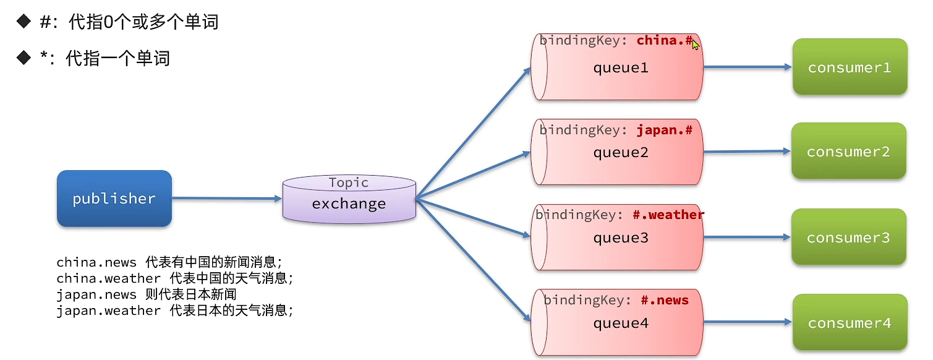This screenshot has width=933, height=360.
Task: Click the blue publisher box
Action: pos(114,199)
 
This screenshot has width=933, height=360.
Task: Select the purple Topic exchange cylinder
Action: pos(349,199)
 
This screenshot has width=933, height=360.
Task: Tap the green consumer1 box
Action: pos(850,67)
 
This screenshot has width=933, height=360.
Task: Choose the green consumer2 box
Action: pos(849,151)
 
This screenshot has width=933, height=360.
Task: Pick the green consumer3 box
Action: pos(849,237)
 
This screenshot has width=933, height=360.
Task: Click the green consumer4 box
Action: pos(850,322)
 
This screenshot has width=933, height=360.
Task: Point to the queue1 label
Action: pos(621,68)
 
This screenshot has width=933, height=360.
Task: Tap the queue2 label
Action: pos(621,153)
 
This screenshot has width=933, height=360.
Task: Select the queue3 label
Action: pos(621,238)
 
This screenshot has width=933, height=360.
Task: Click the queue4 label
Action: pos(621,324)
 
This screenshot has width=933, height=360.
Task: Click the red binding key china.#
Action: pos(664,40)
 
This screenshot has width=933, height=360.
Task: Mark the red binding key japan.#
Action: pos(664,130)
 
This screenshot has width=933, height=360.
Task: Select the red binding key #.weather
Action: pos(668,215)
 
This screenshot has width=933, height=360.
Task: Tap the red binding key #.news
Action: pos(665,300)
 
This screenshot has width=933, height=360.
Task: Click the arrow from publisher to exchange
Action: pos(227,199)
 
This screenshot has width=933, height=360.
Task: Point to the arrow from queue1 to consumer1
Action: pos(748,67)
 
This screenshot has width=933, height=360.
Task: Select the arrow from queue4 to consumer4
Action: pos(748,322)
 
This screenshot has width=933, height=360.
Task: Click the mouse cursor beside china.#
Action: pos(695,44)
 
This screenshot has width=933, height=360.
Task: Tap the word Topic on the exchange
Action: pos(349,182)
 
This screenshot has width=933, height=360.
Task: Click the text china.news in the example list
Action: pos(96,262)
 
